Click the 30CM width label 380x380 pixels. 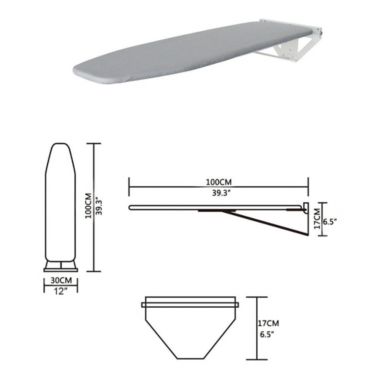[x=62, y=281]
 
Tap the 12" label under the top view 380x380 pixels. [x=62, y=291]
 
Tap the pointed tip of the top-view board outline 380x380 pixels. [x=61, y=147]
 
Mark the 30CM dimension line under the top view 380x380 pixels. [x=61, y=273]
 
